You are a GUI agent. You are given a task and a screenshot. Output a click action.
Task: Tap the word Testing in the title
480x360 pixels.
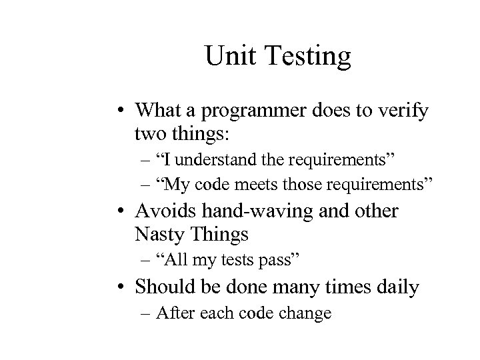coord(306,58)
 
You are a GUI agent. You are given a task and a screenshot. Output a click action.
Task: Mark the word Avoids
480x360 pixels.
coord(165,212)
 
